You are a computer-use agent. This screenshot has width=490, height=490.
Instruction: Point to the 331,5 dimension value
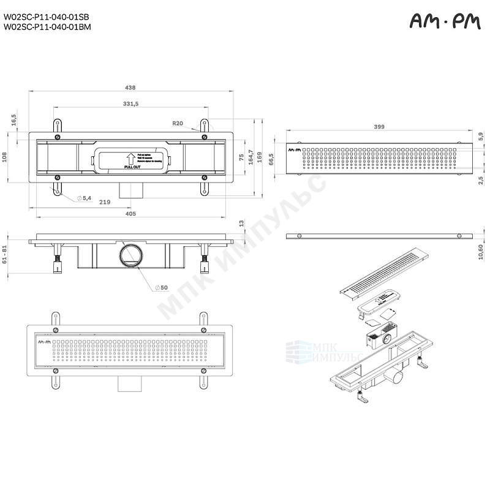130,104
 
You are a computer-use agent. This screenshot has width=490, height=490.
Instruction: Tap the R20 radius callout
177,123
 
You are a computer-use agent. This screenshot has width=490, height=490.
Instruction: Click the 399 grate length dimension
379,127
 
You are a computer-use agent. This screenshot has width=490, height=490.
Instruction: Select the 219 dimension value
104,202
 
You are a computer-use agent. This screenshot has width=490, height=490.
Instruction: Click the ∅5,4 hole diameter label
84,198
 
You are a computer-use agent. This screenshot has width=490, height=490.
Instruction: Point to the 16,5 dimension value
13,121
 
